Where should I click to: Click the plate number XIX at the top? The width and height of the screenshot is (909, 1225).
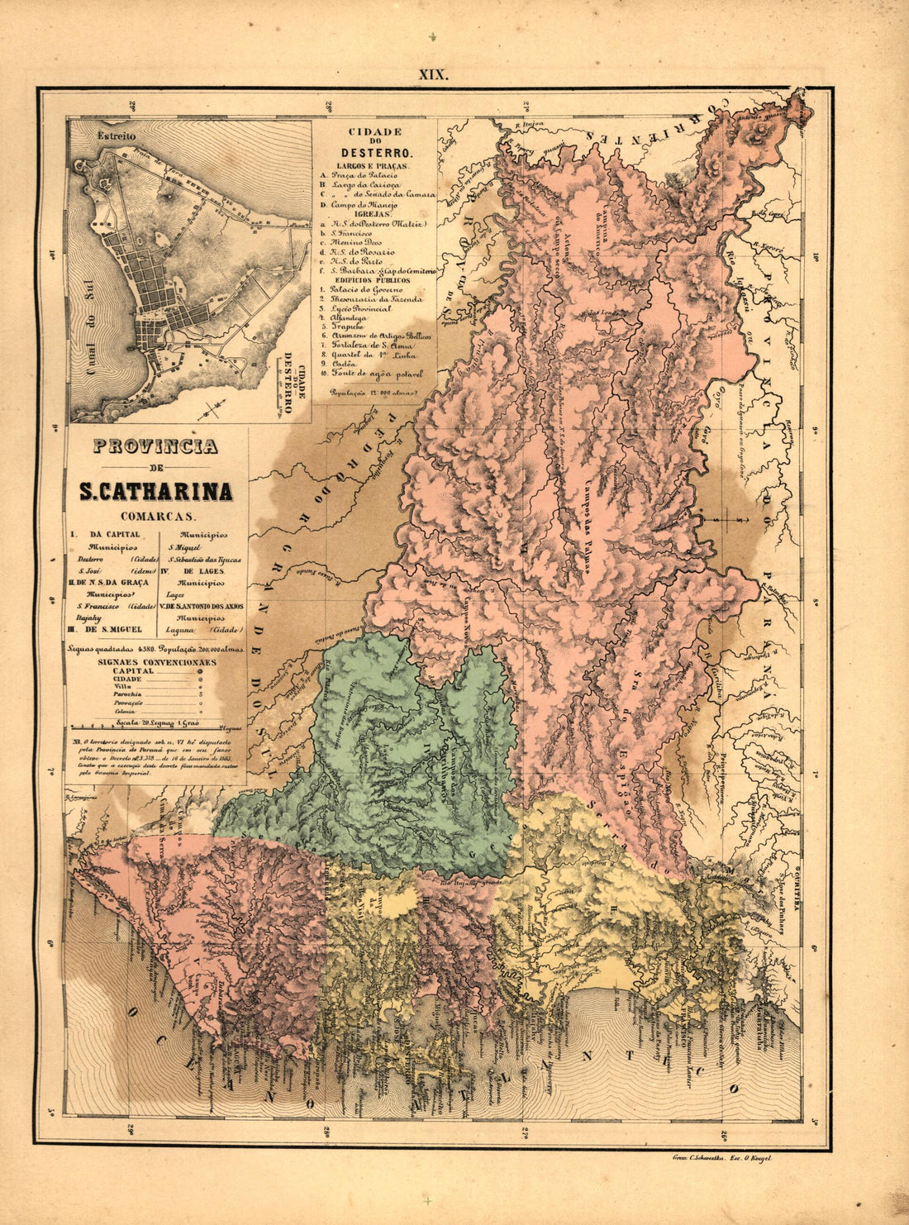433,74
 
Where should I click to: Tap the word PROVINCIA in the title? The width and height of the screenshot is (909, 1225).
155,446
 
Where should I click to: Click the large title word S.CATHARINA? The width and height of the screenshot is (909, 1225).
155,491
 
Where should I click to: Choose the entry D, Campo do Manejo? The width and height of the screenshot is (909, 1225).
364,204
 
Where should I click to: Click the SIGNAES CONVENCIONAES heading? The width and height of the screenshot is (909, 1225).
156,662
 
